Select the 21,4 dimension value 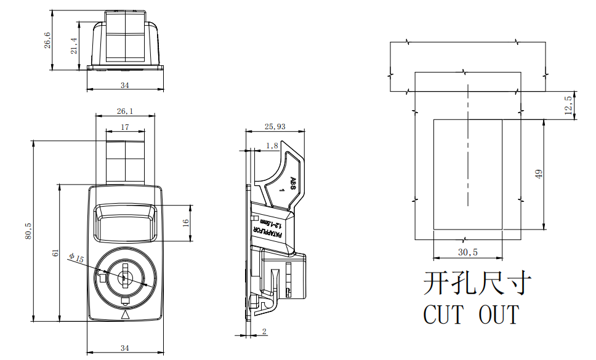tap(74, 45)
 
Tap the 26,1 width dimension tap(124, 111)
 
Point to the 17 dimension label tap(125, 127)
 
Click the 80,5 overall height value tap(28, 231)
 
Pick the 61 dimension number tap(55, 253)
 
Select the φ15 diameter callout tap(76, 258)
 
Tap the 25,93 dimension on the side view tap(275, 127)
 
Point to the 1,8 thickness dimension tap(272, 145)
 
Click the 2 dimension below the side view tap(264, 332)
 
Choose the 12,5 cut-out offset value tap(568, 105)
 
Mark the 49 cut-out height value tap(539, 174)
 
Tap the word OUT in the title tap(499, 314)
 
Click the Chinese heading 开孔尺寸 tap(477, 284)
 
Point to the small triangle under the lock tap(126, 314)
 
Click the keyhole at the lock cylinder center tap(124, 276)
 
